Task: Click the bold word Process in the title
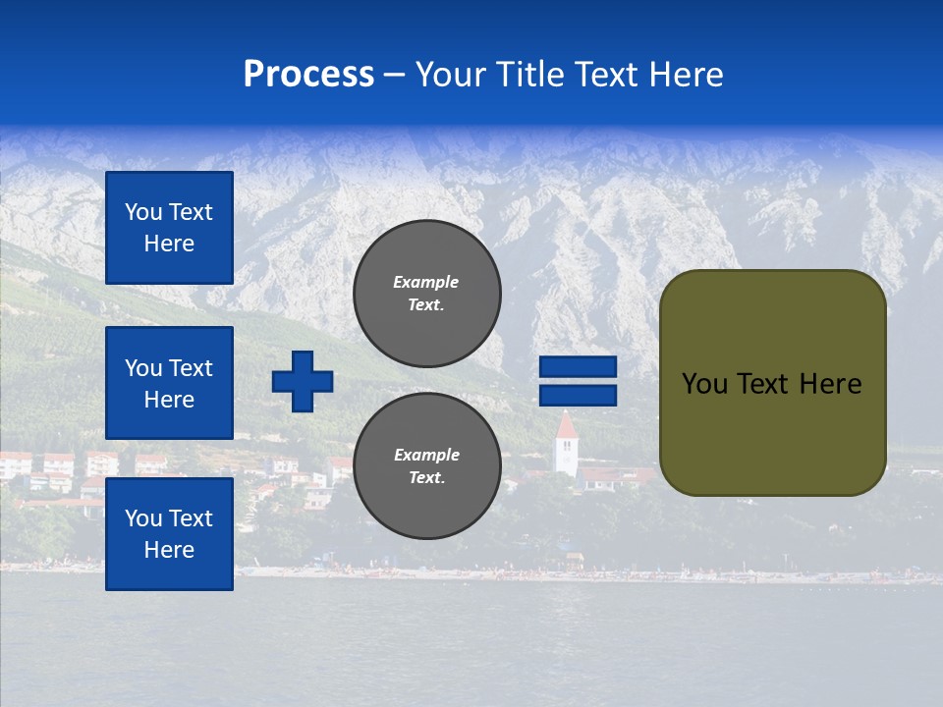tap(308, 75)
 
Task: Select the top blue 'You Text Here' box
tap(169, 228)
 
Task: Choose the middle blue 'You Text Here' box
tap(169, 383)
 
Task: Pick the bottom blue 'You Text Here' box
tap(169, 534)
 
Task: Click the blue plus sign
tap(303, 380)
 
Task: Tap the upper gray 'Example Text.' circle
tap(427, 294)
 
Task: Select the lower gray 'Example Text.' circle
tap(427, 466)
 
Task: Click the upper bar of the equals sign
tap(579, 367)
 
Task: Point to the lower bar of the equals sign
tap(579, 395)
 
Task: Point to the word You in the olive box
tap(704, 384)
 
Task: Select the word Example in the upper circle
tap(425, 282)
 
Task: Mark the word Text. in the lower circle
tap(426, 478)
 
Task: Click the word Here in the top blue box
tap(169, 244)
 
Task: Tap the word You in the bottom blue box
tap(143, 518)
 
